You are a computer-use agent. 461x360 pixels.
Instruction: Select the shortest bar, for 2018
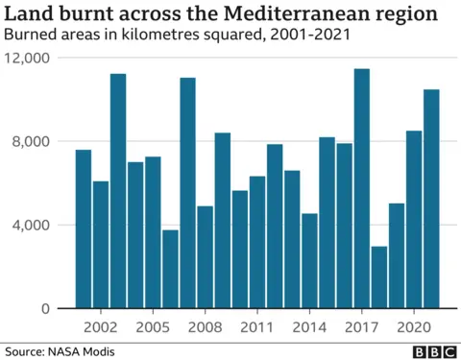click(379, 277)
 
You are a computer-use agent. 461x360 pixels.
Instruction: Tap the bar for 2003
click(118, 191)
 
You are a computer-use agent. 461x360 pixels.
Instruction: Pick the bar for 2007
click(188, 193)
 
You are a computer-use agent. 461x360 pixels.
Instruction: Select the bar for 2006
click(170, 269)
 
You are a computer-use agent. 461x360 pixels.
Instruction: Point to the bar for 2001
click(84, 229)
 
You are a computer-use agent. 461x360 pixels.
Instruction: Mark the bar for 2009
click(223, 221)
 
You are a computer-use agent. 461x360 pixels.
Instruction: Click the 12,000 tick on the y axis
click(28, 58)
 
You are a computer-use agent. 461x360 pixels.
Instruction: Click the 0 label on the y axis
click(45, 309)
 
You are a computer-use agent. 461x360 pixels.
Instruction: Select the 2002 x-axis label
click(101, 326)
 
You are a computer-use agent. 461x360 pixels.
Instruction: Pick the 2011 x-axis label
click(257, 326)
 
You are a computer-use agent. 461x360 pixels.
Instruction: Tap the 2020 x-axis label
click(414, 326)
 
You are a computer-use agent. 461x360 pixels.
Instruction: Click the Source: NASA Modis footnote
click(59, 351)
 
